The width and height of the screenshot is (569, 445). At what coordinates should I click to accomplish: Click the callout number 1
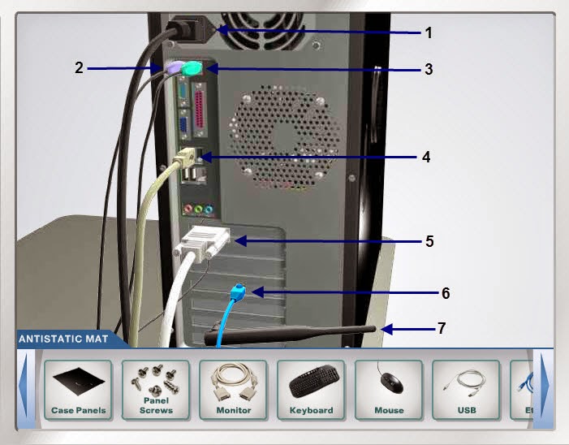tap(429, 32)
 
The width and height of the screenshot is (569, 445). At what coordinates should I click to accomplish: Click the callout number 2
tap(80, 67)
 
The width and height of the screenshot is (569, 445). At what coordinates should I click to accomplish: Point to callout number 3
tap(428, 69)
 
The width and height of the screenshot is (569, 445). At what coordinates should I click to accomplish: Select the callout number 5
tap(429, 241)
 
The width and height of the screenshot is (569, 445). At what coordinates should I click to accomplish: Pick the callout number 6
tap(444, 292)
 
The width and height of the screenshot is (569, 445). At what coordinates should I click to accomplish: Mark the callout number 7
tap(441, 328)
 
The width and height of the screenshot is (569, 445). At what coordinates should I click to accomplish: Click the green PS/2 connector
tap(192, 69)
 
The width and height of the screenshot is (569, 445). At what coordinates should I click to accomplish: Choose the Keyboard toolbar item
tap(311, 390)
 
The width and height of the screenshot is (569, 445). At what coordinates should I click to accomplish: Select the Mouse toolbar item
tap(389, 390)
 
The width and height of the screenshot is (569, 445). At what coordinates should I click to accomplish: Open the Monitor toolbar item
tap(233, 390)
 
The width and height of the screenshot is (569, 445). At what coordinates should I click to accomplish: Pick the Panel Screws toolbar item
tap(156, 390)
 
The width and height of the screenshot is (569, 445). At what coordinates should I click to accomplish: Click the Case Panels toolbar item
tap(78, 390)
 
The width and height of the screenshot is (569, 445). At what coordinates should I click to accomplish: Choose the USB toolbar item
tap(466, 390)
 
